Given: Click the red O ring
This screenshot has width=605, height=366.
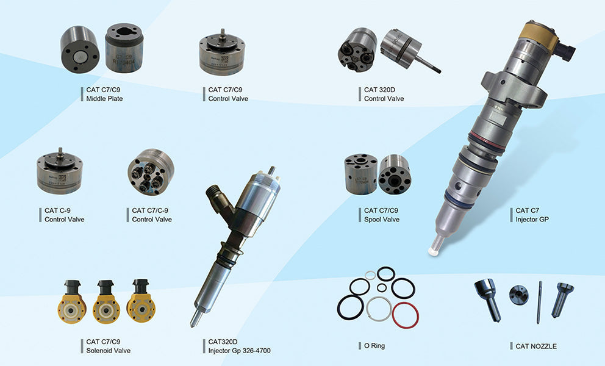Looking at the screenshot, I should click(x=406, y=315).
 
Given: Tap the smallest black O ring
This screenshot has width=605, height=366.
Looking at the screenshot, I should click(x=382, y=287).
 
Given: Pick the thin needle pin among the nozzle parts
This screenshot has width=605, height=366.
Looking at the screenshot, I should click(x=540, y=301).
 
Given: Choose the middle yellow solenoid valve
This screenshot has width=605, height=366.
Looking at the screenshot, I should click(x=106, y=303).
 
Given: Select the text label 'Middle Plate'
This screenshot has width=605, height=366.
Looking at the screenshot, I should click(x=104, y=98).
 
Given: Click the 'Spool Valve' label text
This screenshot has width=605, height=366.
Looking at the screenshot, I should click(x=382, y=219).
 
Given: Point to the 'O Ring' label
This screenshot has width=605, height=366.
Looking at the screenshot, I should click(x=374, y=346).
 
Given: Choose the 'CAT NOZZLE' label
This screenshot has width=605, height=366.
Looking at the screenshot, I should click(x=536, y=346).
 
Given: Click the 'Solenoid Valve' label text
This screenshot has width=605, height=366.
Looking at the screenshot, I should click(x=108, y=350).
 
